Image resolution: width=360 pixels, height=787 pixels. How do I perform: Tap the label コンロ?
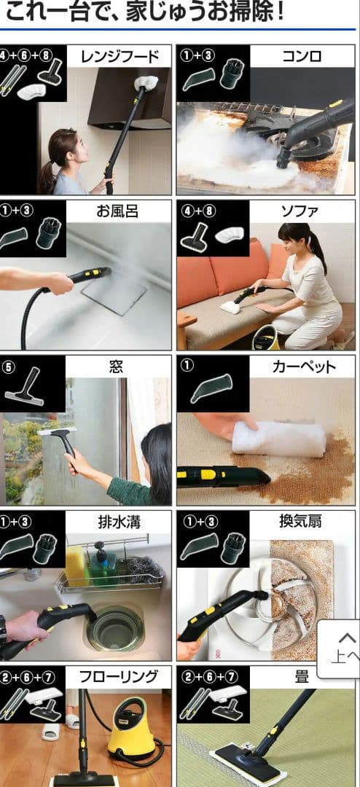tap(301, 56)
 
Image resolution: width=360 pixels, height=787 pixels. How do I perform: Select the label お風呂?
tap(117, 211)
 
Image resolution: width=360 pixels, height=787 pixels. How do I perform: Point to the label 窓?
tap(117, 367)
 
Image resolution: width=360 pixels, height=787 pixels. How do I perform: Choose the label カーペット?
tap(301, 367)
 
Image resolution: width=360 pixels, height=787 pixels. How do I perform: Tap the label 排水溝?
tap(117, 522)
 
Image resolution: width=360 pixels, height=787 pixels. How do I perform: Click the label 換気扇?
tap(301, 522)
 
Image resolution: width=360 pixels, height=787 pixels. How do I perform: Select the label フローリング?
tap(119, 677)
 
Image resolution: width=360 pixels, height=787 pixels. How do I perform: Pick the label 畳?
tap(301, 677)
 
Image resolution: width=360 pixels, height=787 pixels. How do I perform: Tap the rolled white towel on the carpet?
tap(278, 440)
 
